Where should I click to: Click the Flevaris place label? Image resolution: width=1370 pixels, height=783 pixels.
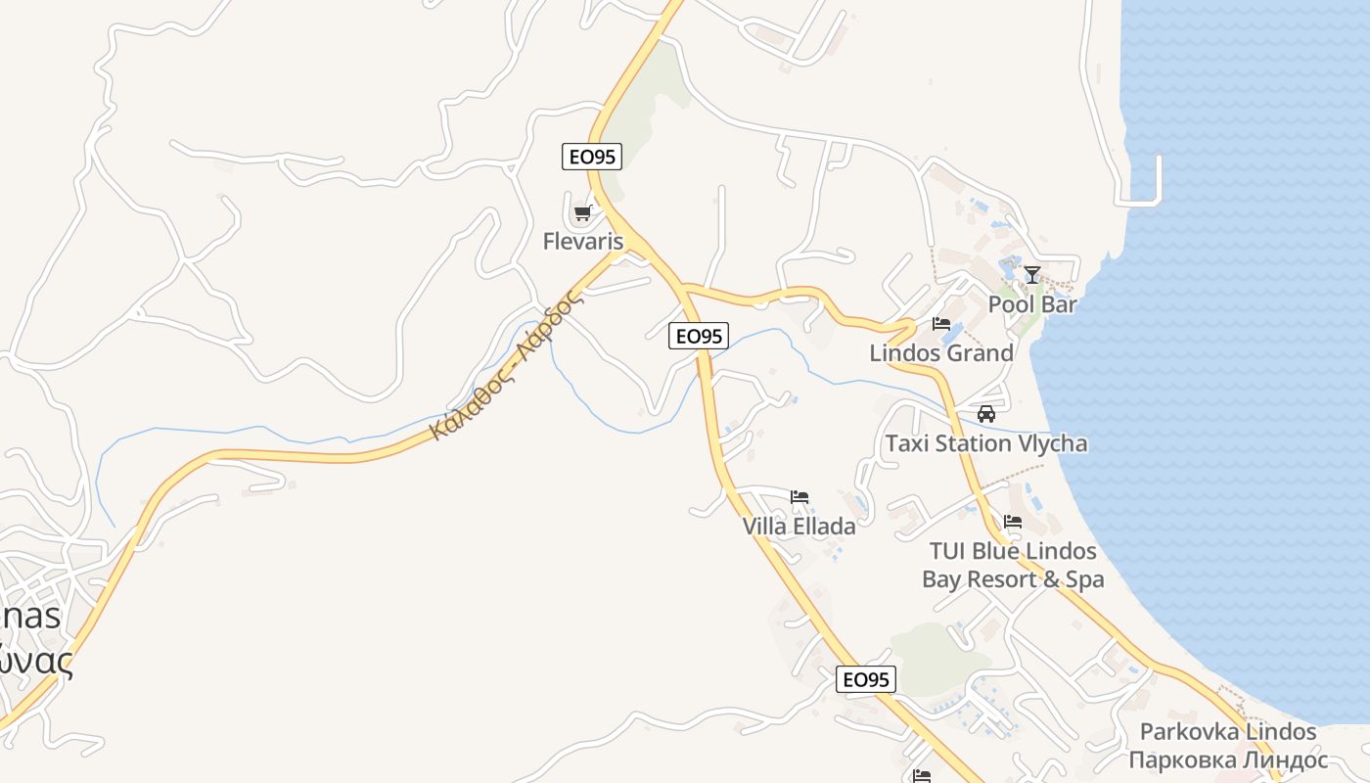tap(583, 241)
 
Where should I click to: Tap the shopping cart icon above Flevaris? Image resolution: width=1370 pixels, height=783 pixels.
tap(583, 212)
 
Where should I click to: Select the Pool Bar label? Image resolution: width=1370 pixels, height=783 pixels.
tap(1032, 304)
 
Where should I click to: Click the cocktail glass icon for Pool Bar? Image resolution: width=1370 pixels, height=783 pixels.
tap(1032, 274)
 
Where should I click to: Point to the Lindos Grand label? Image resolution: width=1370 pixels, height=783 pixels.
tap(941, 353)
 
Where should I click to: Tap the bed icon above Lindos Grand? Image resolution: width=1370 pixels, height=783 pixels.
tap(941, 323)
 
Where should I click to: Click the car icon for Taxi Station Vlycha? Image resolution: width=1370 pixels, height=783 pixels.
tap(986, 414)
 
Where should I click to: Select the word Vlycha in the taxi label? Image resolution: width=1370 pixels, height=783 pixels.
tap(1049, 443)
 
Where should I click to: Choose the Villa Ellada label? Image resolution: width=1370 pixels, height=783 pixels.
tap(799, 527)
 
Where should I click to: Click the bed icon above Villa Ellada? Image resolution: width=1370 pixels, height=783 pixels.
tap(799, 497)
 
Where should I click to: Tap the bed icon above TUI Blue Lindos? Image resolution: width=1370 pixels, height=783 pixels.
tap(1013, 522)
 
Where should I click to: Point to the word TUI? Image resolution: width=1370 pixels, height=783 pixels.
tap(948, 551)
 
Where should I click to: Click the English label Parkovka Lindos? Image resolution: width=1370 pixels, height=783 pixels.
tap(1228, 732)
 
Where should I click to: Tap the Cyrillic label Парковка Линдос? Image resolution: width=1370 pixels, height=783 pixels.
tap(1228, 760)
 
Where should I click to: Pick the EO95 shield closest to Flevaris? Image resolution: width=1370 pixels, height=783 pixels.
tap(592, 157)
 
